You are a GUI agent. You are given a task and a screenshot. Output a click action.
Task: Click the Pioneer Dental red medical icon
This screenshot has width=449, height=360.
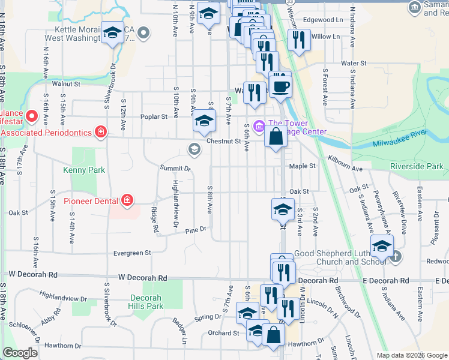[x=127, y=199]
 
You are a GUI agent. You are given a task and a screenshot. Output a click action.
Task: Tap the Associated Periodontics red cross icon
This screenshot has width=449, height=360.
[x=101, y=131]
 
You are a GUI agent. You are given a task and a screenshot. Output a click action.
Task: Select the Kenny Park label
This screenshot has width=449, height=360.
[x=84, y=170]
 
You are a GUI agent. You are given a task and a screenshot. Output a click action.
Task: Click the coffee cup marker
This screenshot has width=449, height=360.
[x=280, y=85]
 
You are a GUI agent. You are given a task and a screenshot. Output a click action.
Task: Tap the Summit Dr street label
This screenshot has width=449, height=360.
[x=175, y=167]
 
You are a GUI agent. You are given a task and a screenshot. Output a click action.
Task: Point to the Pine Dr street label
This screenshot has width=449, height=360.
[x=196, y=230]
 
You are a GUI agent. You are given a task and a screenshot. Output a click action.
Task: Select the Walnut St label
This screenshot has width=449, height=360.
[x=66, y=84]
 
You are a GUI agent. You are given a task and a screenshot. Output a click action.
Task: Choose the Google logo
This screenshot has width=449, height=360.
[x=20, y=353]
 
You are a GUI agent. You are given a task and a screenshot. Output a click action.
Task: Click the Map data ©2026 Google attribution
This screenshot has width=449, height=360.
[x=412, y=355]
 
